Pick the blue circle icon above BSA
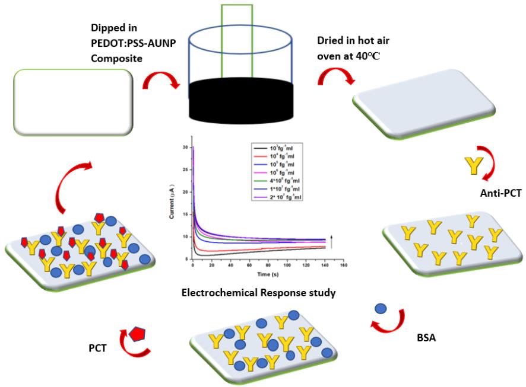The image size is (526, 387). [x=381, y=309]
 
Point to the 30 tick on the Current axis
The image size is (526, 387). [x=186, y=147]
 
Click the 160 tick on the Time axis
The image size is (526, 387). [x=343, y=266]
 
